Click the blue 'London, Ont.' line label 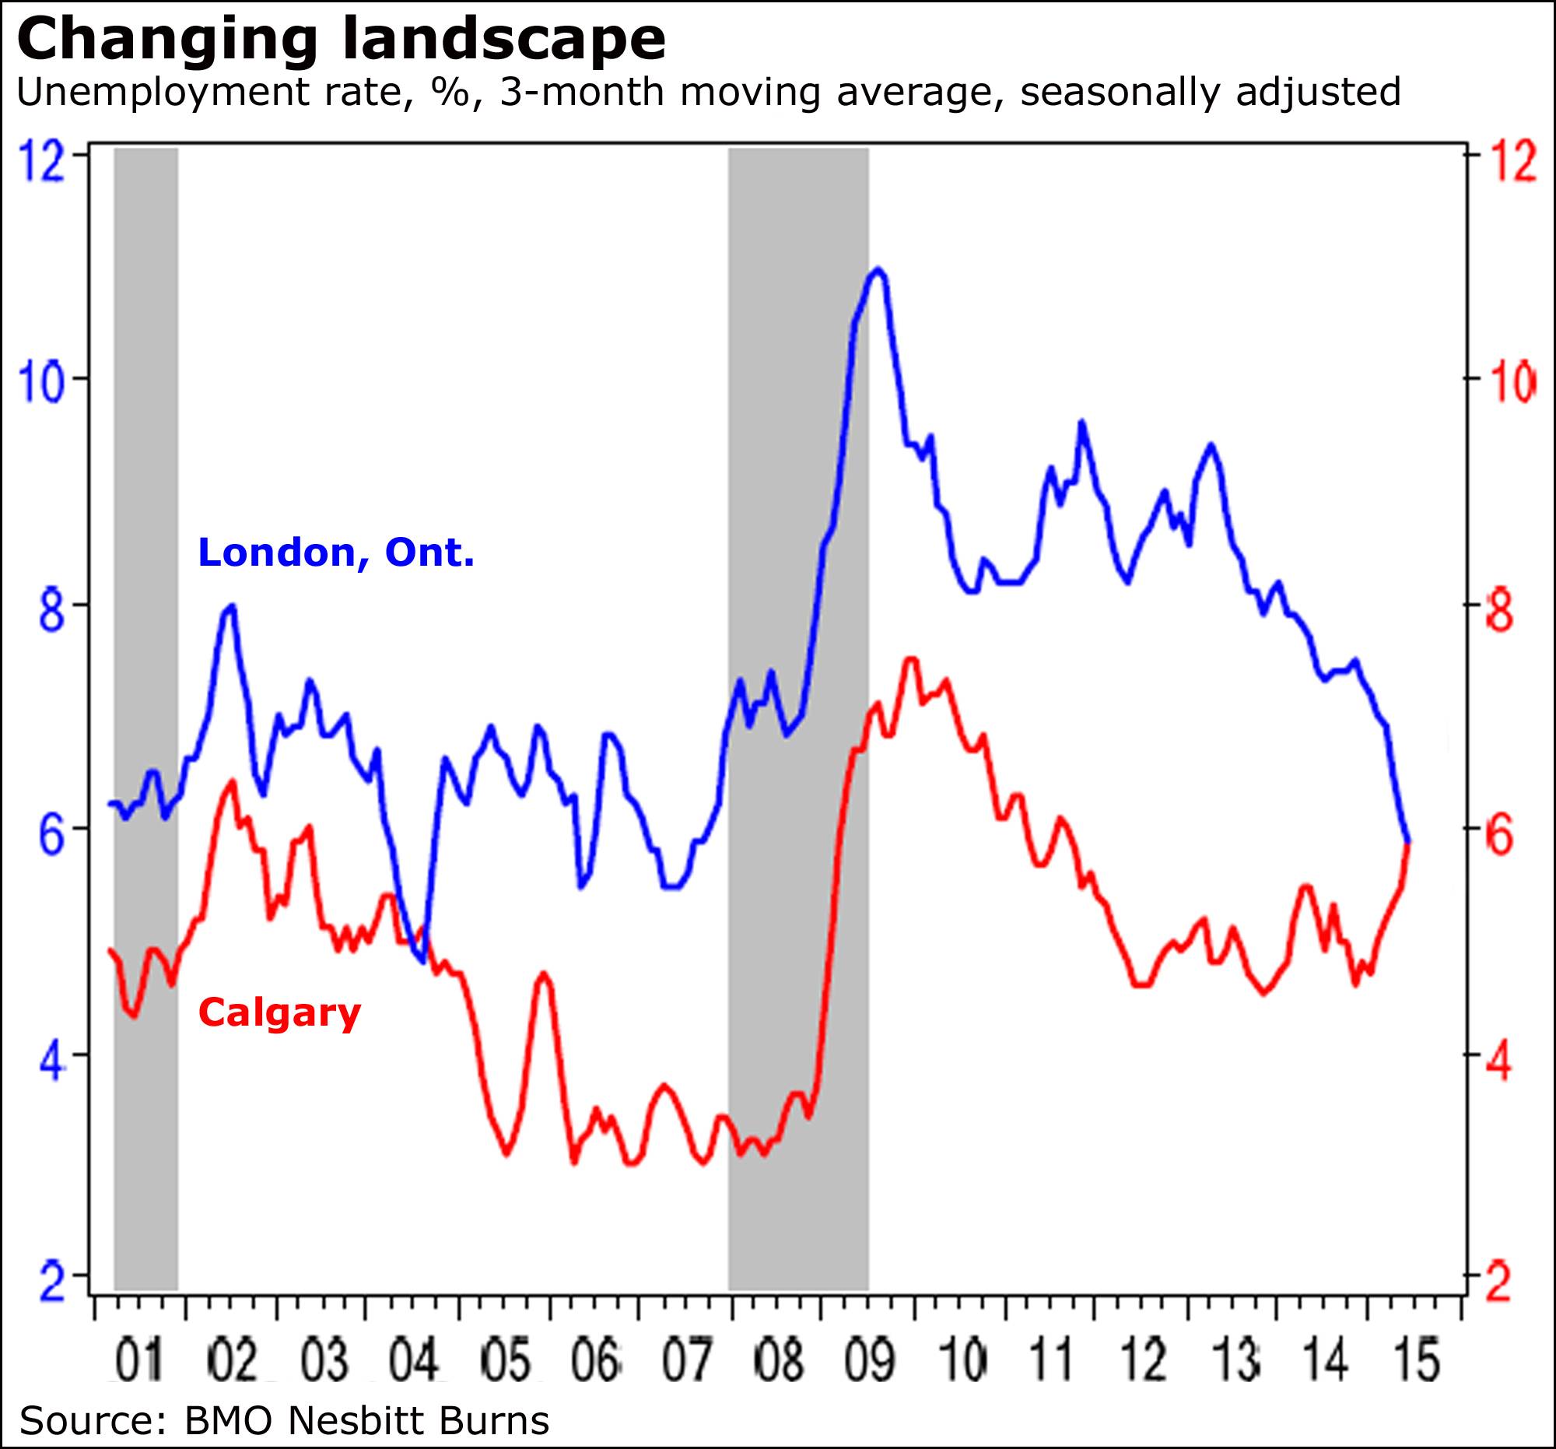[x=336, y=553]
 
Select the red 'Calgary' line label [x=279, y=1012]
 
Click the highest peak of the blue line [x=878, y=270]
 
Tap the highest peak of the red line [x=910, y=660]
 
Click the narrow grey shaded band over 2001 [x=145, y=704]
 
